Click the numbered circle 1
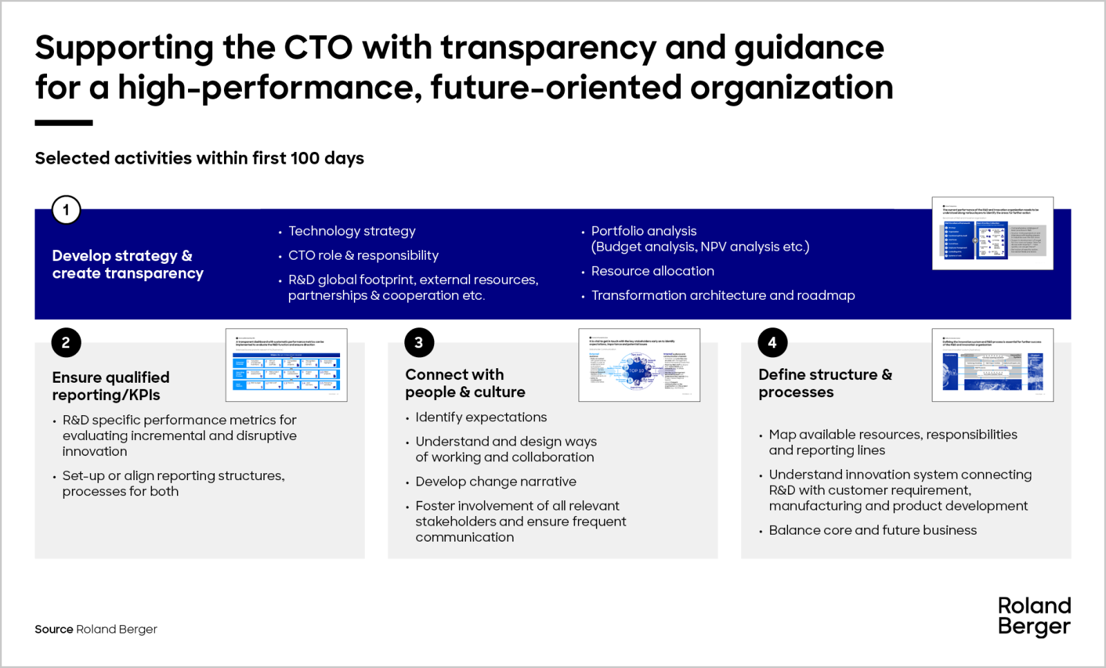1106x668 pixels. [x=66, y=210]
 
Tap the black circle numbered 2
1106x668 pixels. [x=66, y=343]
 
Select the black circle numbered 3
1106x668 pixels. [x=419, y=343]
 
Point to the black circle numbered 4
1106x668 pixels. [x=772, y=343]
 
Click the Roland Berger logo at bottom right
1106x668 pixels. [x=1034, y=616]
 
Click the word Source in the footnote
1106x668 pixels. [x=54, y=629]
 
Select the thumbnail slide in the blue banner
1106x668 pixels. [x=993, y=233]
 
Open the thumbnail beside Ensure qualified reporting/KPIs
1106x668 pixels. [x=286, y=365]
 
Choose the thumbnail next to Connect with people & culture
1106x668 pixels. [x=639, y=365]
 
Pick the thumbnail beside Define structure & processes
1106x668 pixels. [x=993, y=365]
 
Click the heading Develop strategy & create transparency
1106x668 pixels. [x=128, y=265]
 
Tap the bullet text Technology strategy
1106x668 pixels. [x=352, y=231]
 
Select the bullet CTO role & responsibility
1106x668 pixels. [x=363, y=256]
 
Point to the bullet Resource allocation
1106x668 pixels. [x=653, y=271]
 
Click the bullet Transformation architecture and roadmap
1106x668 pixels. [x=723, y=296]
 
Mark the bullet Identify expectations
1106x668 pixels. [x=481, y=417]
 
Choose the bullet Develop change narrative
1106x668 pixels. [x=496, y=481]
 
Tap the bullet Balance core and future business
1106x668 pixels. [x=872, y=531]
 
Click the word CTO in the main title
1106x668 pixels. [x=318, y=48]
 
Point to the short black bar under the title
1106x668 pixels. [x=64, y=123]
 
